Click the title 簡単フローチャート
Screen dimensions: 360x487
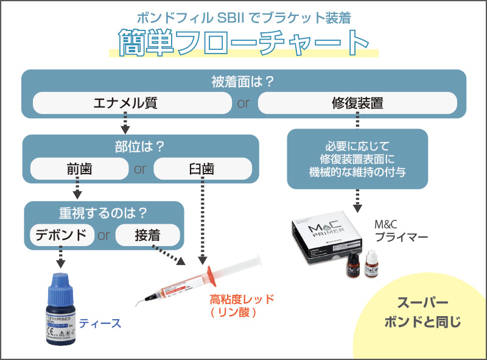pos(243,43)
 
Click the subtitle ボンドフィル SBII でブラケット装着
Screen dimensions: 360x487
pos(243,17)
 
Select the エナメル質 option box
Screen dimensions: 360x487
pos(125,103)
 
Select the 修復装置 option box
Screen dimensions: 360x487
pos(357,103)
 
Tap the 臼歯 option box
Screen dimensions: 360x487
pos(201,169)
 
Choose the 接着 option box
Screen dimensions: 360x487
pos(148,235)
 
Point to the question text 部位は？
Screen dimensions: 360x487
pos(141,147)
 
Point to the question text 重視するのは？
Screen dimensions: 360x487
pos(104,214)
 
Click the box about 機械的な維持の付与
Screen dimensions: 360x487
pos(357,159)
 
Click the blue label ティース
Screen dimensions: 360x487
pos(100,323)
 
